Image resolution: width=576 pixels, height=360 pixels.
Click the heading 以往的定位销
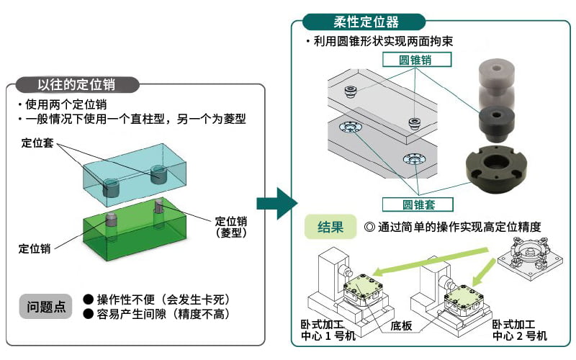point(77,85)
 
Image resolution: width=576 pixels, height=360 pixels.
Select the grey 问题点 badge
point(46,307)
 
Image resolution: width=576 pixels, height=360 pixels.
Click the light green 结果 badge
point(330,227)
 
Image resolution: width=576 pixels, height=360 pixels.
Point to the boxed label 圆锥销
point(417,60)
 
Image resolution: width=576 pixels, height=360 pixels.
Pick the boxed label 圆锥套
point(418,204)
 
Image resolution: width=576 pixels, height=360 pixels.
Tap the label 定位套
point(37,143)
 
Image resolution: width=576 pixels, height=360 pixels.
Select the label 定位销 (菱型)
point(231,227)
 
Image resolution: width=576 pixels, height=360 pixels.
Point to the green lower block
point(135,230)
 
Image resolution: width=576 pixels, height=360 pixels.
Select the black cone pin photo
point(496,124)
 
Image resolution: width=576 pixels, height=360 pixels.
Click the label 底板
point(401,325)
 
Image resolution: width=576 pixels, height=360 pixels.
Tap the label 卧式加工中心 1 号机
point(328,330)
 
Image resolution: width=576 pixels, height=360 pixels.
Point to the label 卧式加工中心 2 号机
point(519,330)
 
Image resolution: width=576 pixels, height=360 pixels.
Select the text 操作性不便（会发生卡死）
point(163,300)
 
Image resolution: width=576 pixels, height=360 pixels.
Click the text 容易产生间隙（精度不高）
point(163,315)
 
